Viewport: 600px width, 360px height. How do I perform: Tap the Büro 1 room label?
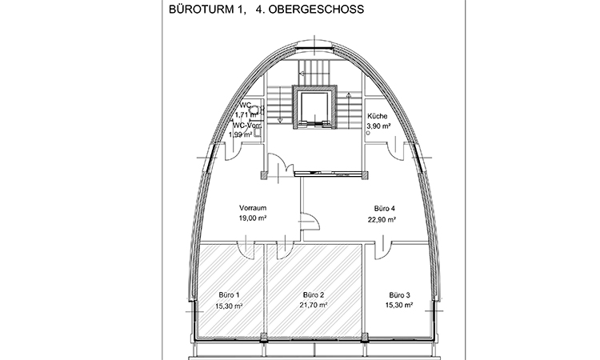[x=229, y=296]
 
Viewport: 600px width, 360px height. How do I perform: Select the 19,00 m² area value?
[x=252, y=217]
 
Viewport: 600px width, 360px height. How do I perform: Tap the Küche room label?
[x=378, y=116]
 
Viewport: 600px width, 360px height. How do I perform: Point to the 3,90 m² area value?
[x=378, y=126]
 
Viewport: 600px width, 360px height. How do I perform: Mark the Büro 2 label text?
[x=314, y=296]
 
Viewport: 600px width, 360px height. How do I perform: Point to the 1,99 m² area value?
[x=240, y=134]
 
